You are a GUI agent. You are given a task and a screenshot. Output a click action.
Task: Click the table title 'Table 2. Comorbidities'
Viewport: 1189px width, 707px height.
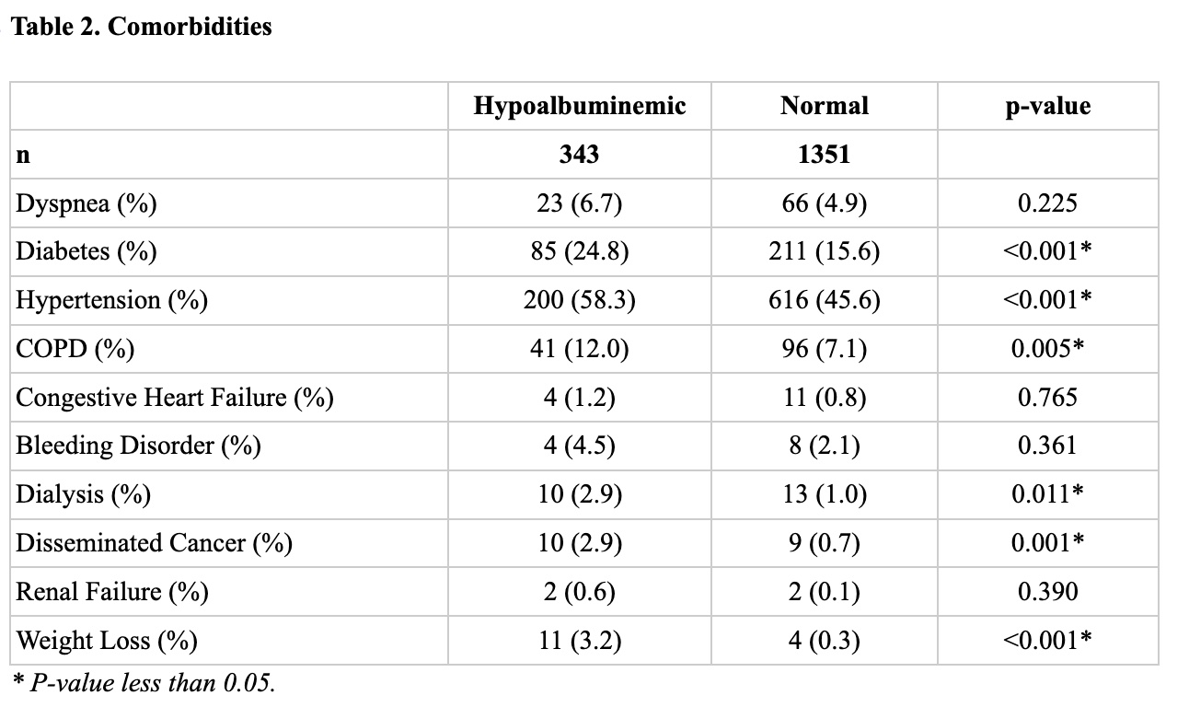(x=141, y=27)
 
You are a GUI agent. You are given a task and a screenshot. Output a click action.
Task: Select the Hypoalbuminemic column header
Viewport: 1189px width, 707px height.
(x=580, y=106)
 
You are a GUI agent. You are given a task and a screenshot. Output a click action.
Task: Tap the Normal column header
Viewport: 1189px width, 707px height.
(x=825, y=106)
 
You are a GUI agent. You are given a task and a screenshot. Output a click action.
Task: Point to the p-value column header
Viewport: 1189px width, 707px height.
(x=1048, y=106)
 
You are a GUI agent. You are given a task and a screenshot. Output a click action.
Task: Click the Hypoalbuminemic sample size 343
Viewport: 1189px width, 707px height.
(x=579, y=155)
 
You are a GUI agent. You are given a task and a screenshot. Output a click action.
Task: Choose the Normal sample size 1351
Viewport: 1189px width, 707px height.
(x=825, y=155)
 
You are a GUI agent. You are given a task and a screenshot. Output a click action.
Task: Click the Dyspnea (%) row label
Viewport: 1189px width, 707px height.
(x=87, y=203)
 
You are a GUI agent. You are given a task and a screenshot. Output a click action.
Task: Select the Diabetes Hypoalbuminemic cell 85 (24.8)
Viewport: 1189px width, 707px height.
(x=580, y=251)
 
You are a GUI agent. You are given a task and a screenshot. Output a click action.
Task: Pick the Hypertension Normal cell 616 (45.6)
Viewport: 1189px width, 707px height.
(x=825, y=300)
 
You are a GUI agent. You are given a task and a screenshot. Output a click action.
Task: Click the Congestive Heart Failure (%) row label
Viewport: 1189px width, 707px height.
(x=175, y=398)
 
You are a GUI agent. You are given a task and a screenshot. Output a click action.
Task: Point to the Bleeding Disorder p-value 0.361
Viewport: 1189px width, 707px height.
(x=1048, y=446)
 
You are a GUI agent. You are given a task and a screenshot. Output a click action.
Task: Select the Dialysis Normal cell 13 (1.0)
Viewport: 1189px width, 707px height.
(x=825, y=494)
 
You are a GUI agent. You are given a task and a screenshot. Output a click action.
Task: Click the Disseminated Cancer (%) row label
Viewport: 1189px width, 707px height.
(x=154, y=543)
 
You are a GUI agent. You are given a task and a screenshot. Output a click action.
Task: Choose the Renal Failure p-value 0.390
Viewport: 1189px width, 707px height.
(x=1048, y=591)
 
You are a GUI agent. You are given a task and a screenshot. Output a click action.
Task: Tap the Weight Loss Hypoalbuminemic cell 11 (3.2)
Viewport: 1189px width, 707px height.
(x=580, y=640)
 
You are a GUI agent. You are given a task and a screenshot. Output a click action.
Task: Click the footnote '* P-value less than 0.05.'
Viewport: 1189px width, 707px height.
(x=144, y=683)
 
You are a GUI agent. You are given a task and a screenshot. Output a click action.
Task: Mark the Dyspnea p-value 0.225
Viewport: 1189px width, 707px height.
(x=1048, y=203)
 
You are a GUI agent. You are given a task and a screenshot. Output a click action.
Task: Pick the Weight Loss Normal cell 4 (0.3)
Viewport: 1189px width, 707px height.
(x=825, y=640)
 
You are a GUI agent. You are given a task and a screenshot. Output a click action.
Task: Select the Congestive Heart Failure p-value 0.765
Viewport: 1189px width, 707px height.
(x=1048, y=397)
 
